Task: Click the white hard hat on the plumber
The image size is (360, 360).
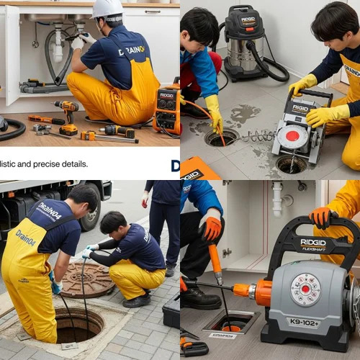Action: (108, 8)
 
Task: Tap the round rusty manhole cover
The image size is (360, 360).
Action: (88, 279)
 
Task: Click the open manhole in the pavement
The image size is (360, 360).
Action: (78, 325)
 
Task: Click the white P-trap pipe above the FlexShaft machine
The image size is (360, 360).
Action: (277, 199)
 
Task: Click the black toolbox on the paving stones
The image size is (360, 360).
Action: (171, 314)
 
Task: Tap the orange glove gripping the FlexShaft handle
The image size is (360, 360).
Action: (320, 217)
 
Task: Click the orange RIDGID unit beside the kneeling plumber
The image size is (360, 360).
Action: (166, 108)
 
